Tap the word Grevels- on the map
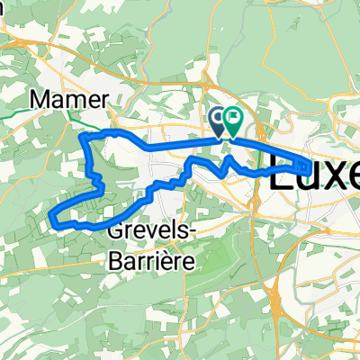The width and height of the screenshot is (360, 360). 148,229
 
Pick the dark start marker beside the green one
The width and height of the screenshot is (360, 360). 219,118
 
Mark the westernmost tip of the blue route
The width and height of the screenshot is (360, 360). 50,216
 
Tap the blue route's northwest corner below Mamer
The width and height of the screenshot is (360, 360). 84,137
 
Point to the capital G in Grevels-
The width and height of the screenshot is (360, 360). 115,229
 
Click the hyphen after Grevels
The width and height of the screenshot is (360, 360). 185,231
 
